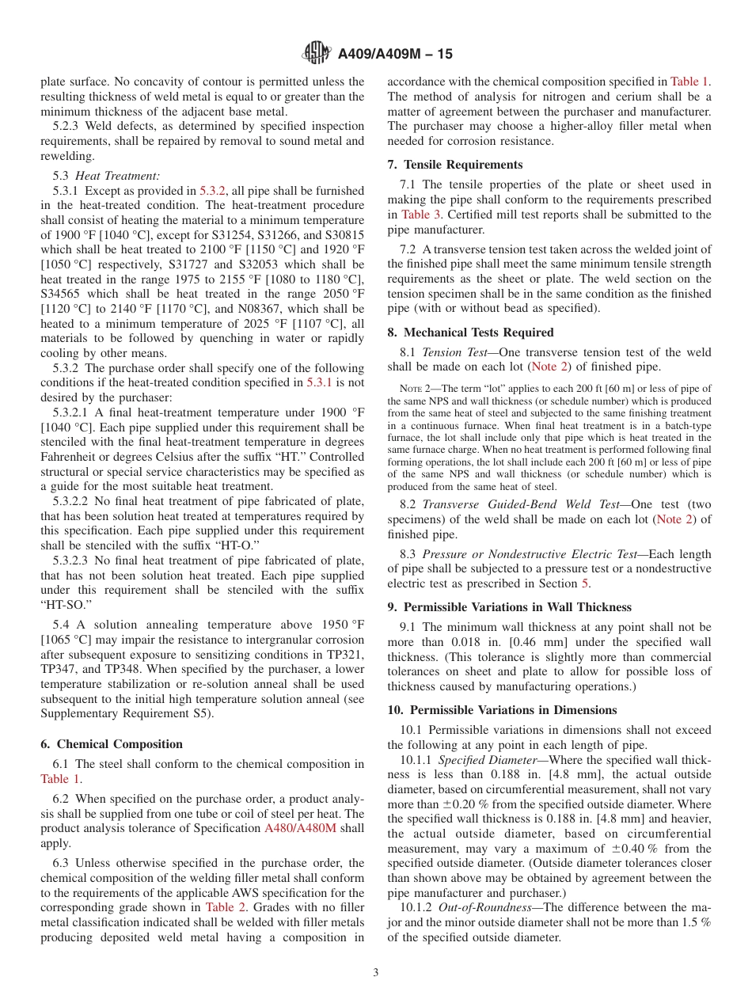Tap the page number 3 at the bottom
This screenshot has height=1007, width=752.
tap(376, 973)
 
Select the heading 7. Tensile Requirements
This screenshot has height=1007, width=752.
tap(455, 165)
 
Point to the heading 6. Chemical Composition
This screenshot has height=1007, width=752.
tap(112, 744)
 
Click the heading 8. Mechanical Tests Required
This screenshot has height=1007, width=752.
tap(470, 332)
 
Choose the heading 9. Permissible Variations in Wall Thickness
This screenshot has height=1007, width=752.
tap(509, 607)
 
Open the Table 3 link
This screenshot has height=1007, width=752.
tap(416, 215)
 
